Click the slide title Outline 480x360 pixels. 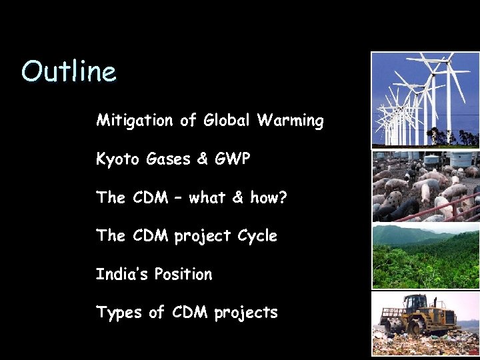coord(69,71)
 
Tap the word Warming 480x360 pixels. coord(291,121)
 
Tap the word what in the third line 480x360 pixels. coord(209,197)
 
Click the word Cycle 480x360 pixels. coord(256,236)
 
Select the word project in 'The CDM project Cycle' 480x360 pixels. coord(203,237)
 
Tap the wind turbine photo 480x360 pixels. coord(425,100)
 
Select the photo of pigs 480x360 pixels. coord(425,187)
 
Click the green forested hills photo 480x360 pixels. coord(425,257)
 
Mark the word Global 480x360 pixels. coord(227,121)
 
